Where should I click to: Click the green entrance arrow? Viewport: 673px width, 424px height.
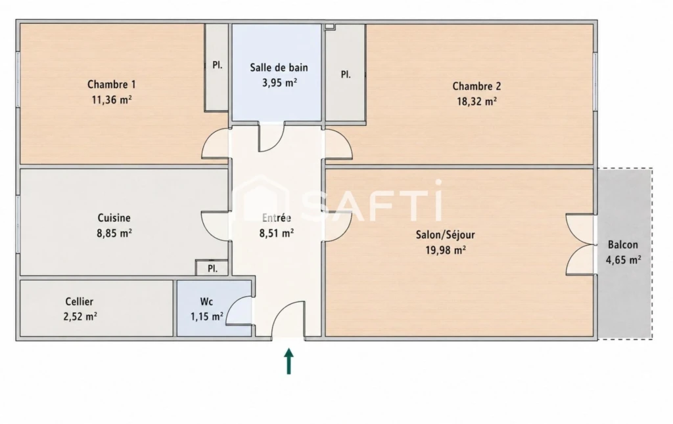(289, 361)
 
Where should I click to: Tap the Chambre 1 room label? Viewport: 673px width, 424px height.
(112, 85)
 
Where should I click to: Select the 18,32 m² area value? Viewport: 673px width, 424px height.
(477, 102)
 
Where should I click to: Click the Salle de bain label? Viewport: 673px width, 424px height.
(279, 68)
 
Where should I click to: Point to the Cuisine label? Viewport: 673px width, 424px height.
(114, 218)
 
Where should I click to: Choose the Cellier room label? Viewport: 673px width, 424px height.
(80, 301)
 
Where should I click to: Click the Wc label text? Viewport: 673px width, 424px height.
(206, 301)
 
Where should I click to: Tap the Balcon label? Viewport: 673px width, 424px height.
(623, 245)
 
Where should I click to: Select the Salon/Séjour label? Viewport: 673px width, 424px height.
(446, 235)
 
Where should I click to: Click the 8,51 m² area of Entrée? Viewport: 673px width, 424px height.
(277, 233)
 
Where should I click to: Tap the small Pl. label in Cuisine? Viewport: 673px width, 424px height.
(212, 269)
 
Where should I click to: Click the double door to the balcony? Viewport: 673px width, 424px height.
(580, 244)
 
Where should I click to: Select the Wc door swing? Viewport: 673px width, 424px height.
(239, 309)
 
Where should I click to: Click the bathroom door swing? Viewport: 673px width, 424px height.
(271, 137)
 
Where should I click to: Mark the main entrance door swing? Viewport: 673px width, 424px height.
(289, 320)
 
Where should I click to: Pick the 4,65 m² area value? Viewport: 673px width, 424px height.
(623, 260)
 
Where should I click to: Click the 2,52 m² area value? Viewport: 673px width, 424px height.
(80, 317)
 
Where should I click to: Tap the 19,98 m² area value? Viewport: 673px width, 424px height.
(446, 250)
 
